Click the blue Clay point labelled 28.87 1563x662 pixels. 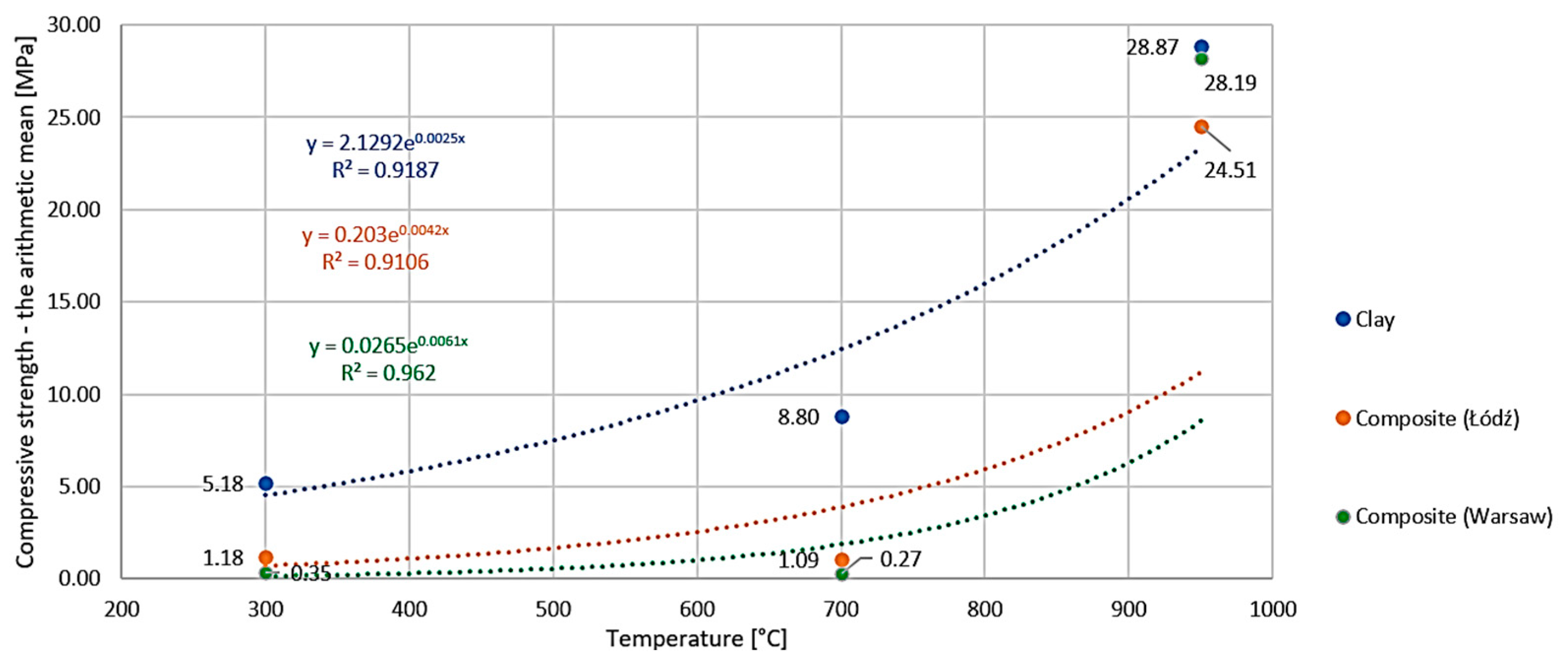tap(1201, 47)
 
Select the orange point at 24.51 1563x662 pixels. tap(1201, 127)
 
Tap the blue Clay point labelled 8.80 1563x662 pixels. tap(841, 417)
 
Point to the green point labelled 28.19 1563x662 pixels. tap(1201, 59)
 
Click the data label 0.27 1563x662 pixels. tap(900, 559)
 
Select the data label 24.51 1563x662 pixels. tap(1230, 171)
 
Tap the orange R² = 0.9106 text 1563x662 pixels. tap(376, 262)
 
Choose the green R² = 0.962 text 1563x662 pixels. tap(388, 372)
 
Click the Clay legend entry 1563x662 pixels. tap(1374, 320)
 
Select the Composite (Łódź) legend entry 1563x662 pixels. tap(1436, 419)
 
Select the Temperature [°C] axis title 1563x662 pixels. tap(696, 639)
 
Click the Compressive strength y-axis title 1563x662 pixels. tap(26, 302)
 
